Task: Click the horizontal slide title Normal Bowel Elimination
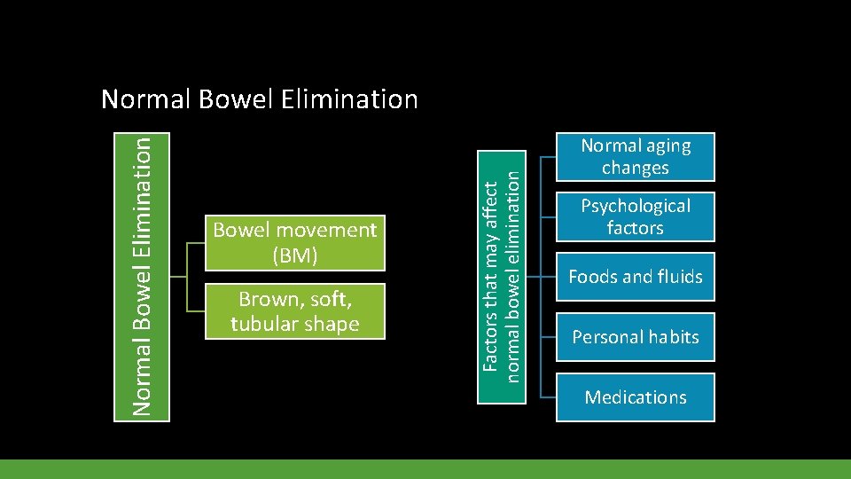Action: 259,98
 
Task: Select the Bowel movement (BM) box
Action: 294,242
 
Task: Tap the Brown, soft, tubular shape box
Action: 294,311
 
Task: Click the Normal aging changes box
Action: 635,156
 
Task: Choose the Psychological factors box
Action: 635,216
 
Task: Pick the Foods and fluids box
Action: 635,277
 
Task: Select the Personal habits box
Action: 635,337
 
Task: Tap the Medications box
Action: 635,397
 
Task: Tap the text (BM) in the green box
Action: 294,254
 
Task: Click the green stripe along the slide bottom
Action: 425,469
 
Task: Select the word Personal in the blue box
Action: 605,337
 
